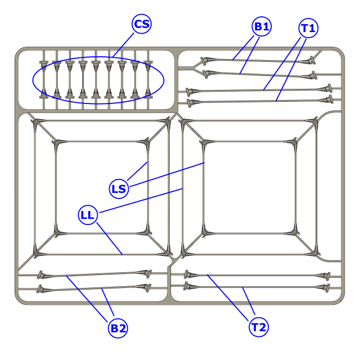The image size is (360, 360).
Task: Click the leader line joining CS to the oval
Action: point(123,45)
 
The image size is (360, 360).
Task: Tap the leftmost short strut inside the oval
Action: point(44,79)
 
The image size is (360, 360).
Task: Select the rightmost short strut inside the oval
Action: point(148,79)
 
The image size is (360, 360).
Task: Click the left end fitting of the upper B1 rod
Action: point(204,61)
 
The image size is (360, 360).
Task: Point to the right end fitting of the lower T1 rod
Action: point(329,100)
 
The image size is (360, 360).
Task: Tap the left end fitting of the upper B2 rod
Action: point(40,275)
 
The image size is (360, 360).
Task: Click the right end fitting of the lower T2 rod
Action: point(326,288)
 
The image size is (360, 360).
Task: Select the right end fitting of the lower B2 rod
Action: point(147,287)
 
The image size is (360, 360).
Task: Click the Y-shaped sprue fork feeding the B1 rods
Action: point(196,68)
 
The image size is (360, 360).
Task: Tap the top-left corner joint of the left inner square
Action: point(56,143)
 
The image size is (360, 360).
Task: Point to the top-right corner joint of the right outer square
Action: point(316,121)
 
